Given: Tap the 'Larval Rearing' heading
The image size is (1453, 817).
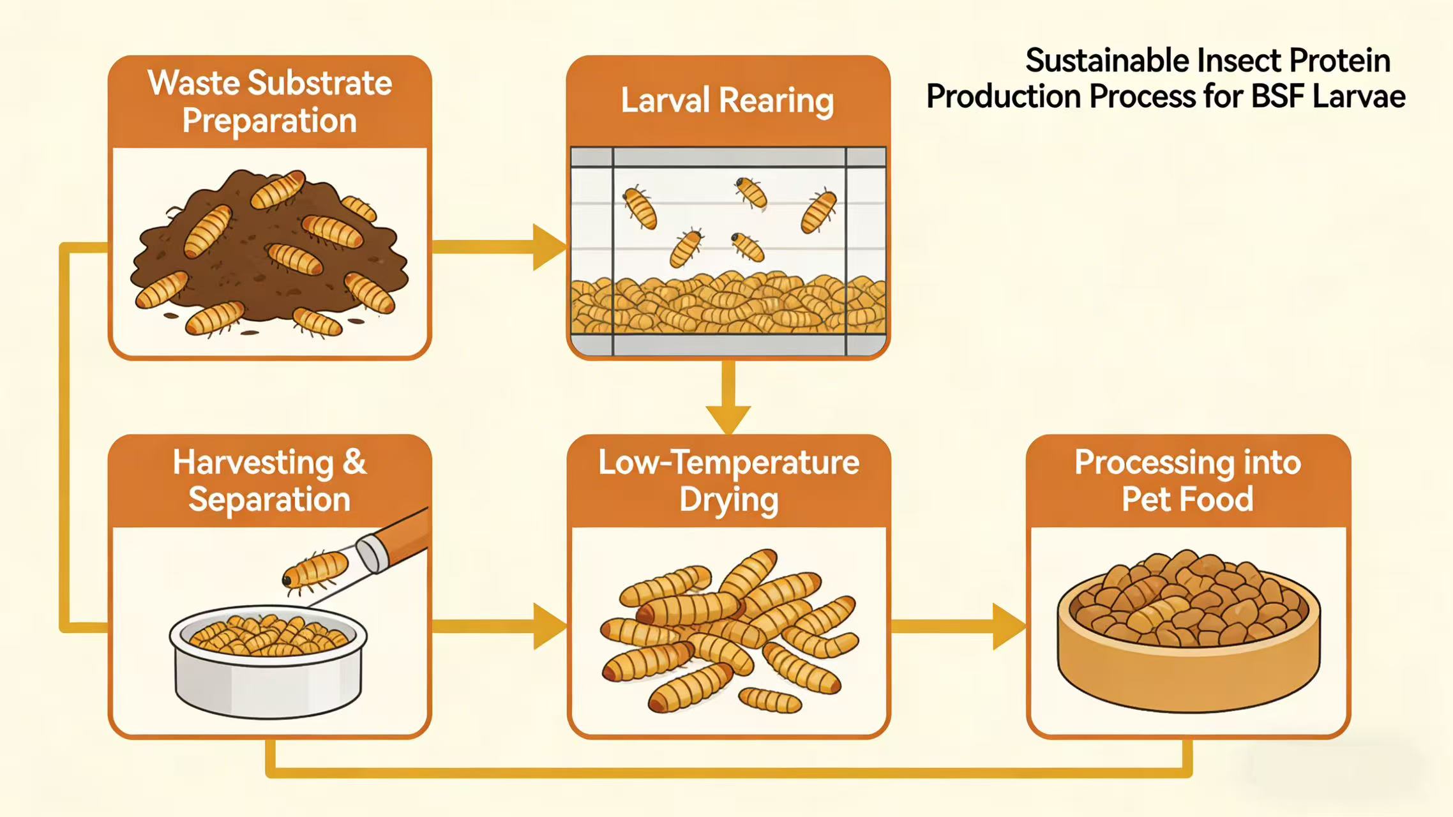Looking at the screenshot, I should pos(727,101).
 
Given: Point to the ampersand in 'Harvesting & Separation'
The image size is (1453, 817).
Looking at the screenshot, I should pos(354,462).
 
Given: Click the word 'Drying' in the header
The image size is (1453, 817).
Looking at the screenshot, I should pos(728,500).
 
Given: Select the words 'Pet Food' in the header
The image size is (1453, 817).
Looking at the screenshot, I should pos(1187,499).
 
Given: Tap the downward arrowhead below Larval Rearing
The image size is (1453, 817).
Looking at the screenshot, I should pos(728,418).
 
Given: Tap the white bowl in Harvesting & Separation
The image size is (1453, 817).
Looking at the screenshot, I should pos(268,677).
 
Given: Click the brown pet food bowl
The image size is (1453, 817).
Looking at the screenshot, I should pos(1187,670).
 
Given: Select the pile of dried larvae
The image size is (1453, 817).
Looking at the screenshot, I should pos(728,632).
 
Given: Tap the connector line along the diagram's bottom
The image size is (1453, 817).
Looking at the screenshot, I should pos(728,772).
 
